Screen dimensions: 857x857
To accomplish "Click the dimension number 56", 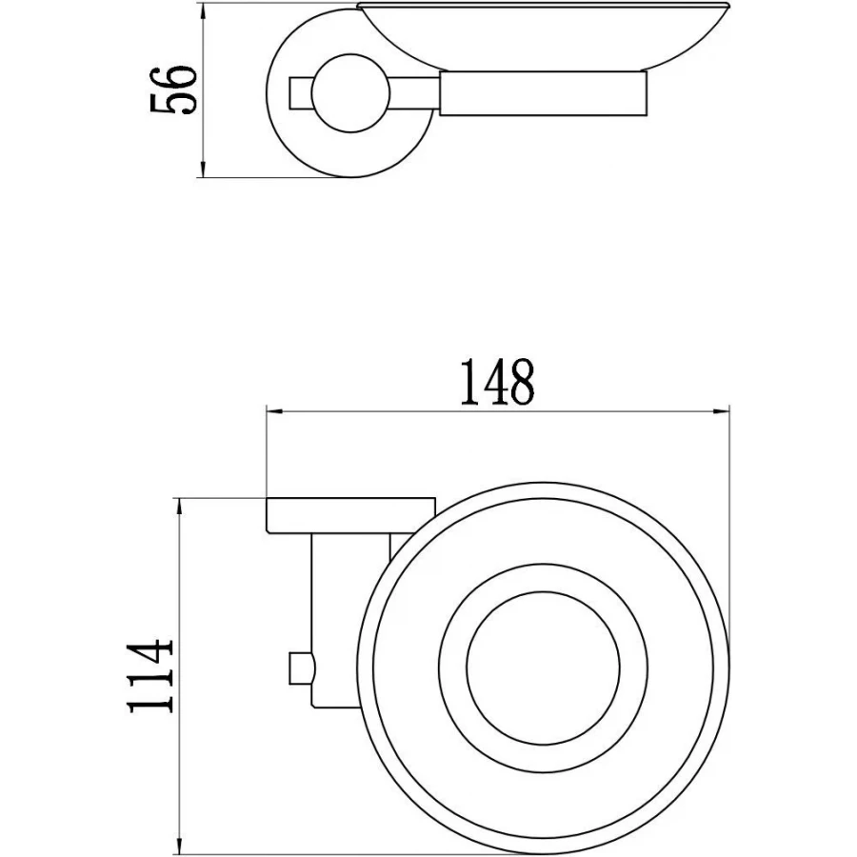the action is (172, 90).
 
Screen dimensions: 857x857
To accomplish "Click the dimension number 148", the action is (497, 382).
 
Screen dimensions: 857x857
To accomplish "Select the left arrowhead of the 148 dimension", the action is (274, 411).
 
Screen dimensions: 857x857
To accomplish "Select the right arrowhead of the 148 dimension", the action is (722, 411).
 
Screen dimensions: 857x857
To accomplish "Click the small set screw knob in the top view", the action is (302, 668).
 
